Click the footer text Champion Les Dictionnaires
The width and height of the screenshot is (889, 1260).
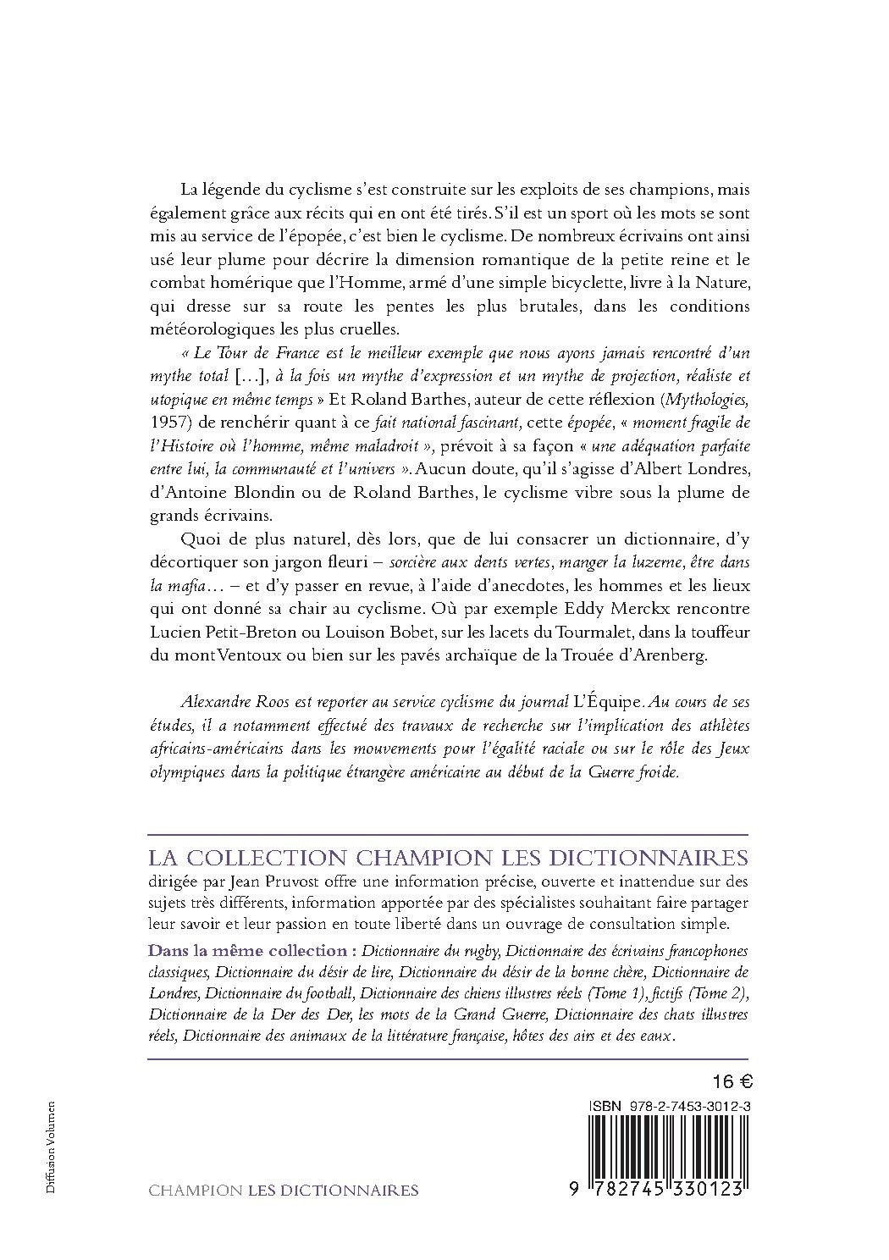pyautogui.click(x=283, y=1190)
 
